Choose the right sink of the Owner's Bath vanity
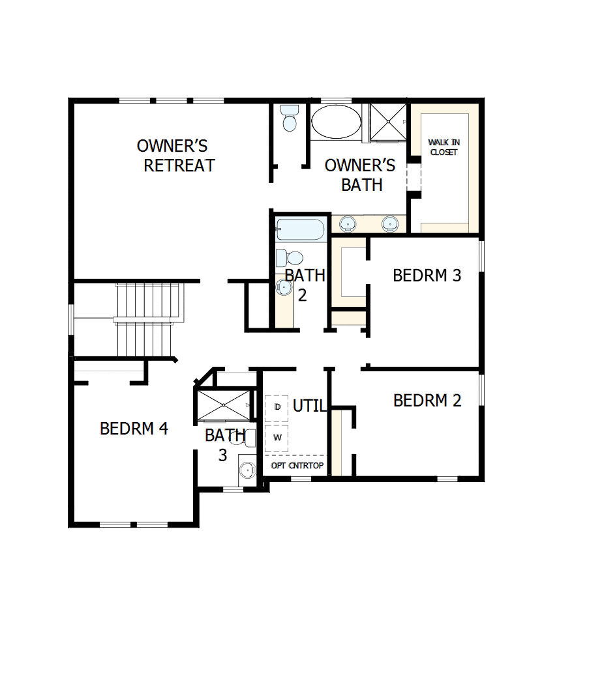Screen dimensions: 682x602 [x=390, y=223]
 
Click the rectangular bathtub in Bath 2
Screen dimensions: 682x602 [x=301, y=230]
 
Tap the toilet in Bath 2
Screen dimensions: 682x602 [x=289, y=257]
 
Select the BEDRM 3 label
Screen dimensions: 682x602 [x=427, y=276]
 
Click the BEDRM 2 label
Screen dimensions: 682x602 [x=427, y=400]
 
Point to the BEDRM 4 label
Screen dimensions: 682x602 [x=134, y=429]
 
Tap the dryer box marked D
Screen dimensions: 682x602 [x=277, y=407]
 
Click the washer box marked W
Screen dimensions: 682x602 [x=277, y=437]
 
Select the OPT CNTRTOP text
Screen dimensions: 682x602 [x=297, y=466]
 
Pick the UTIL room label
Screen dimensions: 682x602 [x=309, y=406]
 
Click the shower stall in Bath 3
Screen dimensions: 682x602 [x=224, y=405]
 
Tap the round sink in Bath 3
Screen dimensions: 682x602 [x=246, y=469]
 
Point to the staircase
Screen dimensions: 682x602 [x=147, y=319]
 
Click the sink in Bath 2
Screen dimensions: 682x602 [x=284, y=287]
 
